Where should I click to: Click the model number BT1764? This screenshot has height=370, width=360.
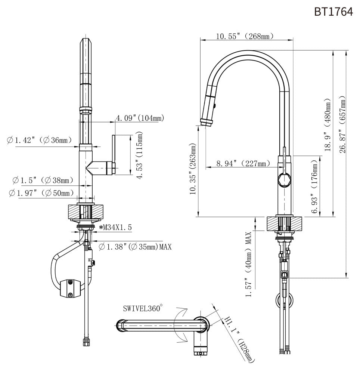pos(333,12)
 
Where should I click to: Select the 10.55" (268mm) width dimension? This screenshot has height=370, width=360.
pos(245,36)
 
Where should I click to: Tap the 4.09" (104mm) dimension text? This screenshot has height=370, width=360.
pos(140,118)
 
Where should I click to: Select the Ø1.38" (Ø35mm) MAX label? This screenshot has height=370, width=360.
pos(135,247)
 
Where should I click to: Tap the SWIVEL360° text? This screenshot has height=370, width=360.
pos(143,309)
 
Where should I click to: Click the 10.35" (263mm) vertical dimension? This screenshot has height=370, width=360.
pos(193,169)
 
